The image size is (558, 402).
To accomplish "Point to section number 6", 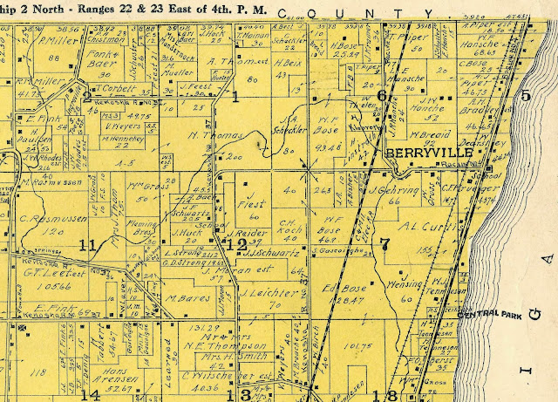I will [x=381, y=95].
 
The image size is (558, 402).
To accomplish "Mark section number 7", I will [x=384, y=245].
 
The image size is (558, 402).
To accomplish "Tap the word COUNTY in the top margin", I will [x=331, y=13].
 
